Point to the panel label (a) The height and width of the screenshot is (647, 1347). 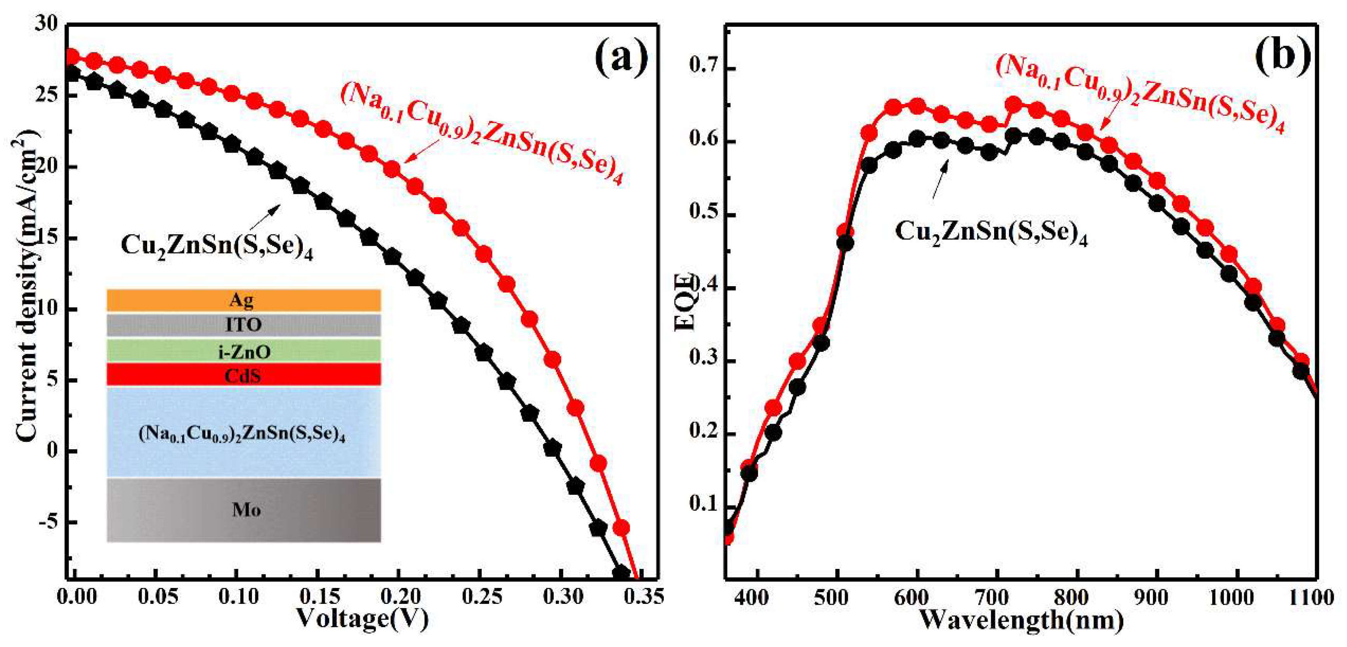pyautogui.click(x=621, y=59)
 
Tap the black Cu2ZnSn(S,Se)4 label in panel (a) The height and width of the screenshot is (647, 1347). pyautogui.click(x=217, y=245)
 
